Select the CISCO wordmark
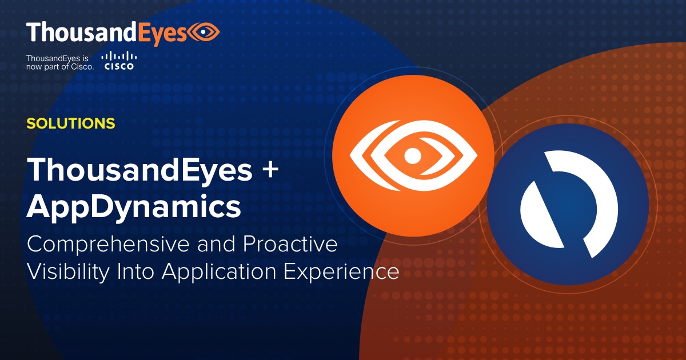point(119,67)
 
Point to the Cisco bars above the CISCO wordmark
point(119,57)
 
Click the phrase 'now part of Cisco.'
point(59,66)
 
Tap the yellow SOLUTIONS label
point(71,123)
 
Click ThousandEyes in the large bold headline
point(139,170)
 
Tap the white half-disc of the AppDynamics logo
point(540,217)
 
